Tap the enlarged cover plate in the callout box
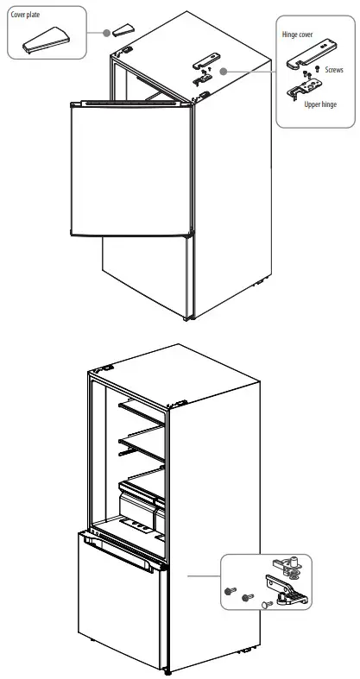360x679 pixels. point(48,39)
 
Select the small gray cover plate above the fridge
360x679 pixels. point(119,30)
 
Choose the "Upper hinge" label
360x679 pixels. point(320,104)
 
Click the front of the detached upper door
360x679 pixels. point(129,168)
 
